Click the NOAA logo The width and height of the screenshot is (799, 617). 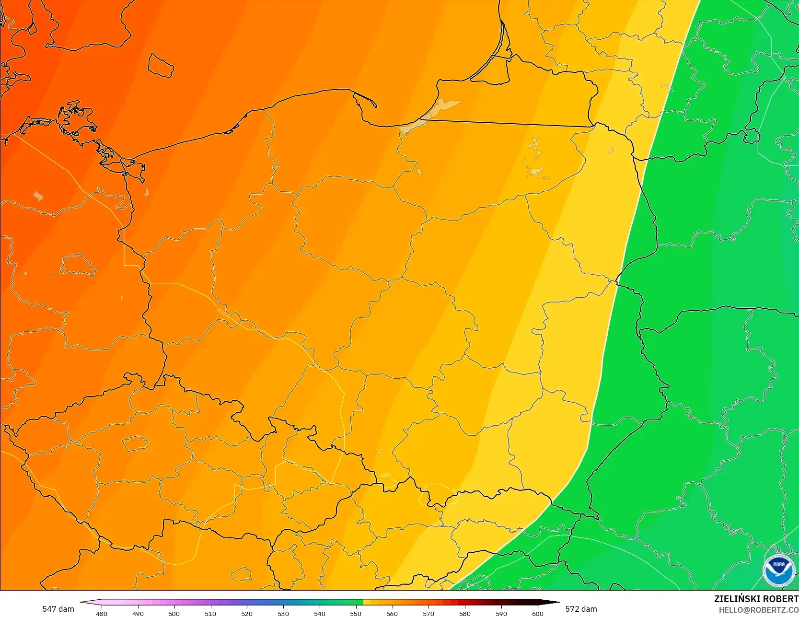778,570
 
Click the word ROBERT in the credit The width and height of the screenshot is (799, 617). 780,599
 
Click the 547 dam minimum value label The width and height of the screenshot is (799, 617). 58,609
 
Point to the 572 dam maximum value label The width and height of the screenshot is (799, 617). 581,609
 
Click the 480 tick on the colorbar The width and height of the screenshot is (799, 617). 102,613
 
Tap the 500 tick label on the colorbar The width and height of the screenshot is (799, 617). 174,613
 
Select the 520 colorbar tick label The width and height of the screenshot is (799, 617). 247,613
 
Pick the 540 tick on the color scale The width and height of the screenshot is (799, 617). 320,613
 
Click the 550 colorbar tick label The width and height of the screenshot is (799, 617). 356,613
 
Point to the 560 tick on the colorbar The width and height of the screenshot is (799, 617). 392,613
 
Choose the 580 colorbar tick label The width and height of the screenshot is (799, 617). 465,613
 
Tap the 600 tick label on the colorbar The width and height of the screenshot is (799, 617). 538,613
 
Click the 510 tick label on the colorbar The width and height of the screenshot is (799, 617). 210,613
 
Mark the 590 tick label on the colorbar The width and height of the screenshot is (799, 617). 501,613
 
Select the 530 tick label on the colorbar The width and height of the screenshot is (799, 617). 283,613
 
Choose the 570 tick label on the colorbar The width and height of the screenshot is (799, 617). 428,613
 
